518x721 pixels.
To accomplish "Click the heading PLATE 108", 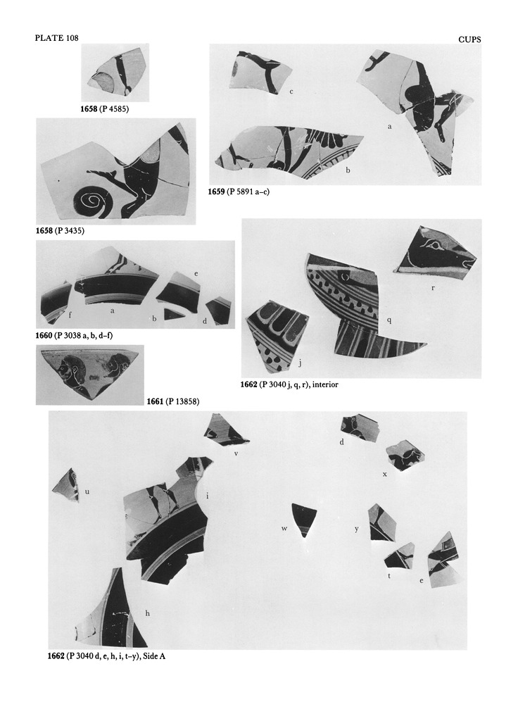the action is pos(56,38).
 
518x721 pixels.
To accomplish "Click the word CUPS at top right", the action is pos(469,39).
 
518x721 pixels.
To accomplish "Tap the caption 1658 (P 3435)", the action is pos(61,231).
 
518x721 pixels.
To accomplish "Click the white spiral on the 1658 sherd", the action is pos(92,201).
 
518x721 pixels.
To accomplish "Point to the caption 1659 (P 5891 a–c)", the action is pos(239,192).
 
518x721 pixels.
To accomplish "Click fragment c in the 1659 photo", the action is pos(260,73).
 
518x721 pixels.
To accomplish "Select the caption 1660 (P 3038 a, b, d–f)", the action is pos(74,336).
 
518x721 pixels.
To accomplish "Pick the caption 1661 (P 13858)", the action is pos(173,402).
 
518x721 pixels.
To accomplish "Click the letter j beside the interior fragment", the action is pos(300,363).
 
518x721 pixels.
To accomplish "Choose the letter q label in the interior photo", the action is pos(389,320).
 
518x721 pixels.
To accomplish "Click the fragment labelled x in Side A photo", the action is pos(403,456).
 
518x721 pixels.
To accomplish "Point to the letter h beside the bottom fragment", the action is pos(147,613).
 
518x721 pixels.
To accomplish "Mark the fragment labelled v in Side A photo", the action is pos(225,431).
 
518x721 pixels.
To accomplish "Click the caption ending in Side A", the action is pos(106,656).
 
